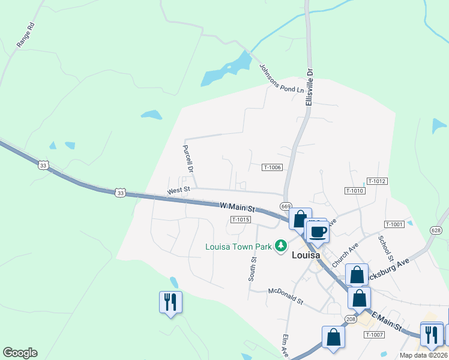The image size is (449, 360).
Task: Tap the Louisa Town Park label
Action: click(238, 247)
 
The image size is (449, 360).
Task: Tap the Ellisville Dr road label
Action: click(310, 87)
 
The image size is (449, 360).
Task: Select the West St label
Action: click(178, 190)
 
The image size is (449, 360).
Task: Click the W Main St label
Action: click(238, 207)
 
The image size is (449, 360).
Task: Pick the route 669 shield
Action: click(286, 206)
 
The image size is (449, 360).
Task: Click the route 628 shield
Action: click(436, 230)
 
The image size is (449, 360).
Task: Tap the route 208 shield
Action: click(351, 319)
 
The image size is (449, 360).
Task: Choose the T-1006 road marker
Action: click(272, 167)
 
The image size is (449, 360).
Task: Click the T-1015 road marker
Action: click(240, 220)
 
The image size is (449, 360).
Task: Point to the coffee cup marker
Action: click(318, 232)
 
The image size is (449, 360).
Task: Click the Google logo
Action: click(20, 353)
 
